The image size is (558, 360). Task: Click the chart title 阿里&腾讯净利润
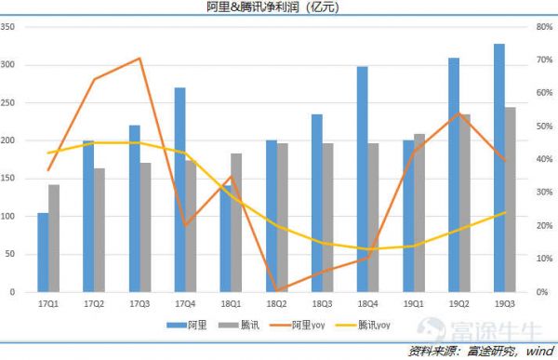point(278,8)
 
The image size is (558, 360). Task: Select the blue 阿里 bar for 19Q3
point(499,168)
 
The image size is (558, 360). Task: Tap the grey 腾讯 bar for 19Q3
point(511,200)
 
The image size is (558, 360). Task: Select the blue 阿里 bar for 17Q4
point(179,190)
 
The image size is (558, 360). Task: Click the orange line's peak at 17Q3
point(139,59)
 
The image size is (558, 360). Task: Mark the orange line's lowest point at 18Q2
point(276,289)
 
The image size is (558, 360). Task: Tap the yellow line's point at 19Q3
point(505,213)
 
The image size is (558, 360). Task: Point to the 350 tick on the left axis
point(9,27)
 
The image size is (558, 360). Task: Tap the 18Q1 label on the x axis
point(230,304)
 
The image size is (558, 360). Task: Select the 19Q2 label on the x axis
point(458,304)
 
